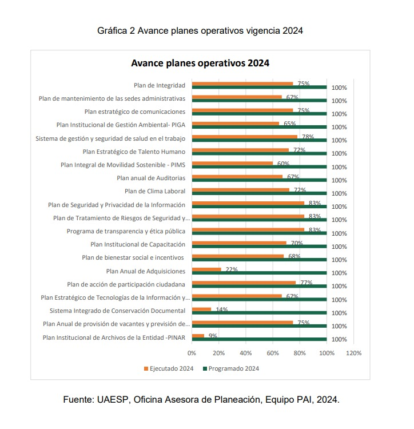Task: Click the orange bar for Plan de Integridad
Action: pyautogui.click(x=242, y=84)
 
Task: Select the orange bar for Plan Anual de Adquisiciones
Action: pyautogui.click(x=206, y=269)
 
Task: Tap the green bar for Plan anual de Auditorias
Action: pyautogui.click(x=259, y=180)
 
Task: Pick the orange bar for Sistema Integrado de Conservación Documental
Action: pyautogui.click(x=201, y=309)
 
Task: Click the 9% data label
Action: pyautogui.click(x=213, y=336)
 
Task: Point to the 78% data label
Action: pyautogui.click(x=308, y=137)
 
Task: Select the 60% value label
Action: pyautogui.click(x=283, y=164)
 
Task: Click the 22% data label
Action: pyautogui.click(x=232, y=269)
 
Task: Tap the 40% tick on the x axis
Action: pyautogui.click(x=245, y=353)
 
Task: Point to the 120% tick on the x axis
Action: pyautogui.click(x=353, y=353)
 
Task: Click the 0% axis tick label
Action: pyautogui.click(x=192, y=353)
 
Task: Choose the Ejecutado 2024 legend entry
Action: pyautogui.click(x=169, y=368)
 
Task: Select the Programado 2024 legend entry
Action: pyautogui.click(x=231, y=368)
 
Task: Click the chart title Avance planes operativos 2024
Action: pyautogui.click(x=200, y=63)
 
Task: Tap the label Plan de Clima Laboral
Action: pyautogui.click(x=155, y=191)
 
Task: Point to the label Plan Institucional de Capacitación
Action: pyautogui.click(x=138, y=244)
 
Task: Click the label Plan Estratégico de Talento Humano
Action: pyautogui.click(x=134, y=152)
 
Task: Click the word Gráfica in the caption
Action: pyautogui.click(x=112, y=31)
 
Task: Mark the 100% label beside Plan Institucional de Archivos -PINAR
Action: pyautogui.click(x=339, y=340)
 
